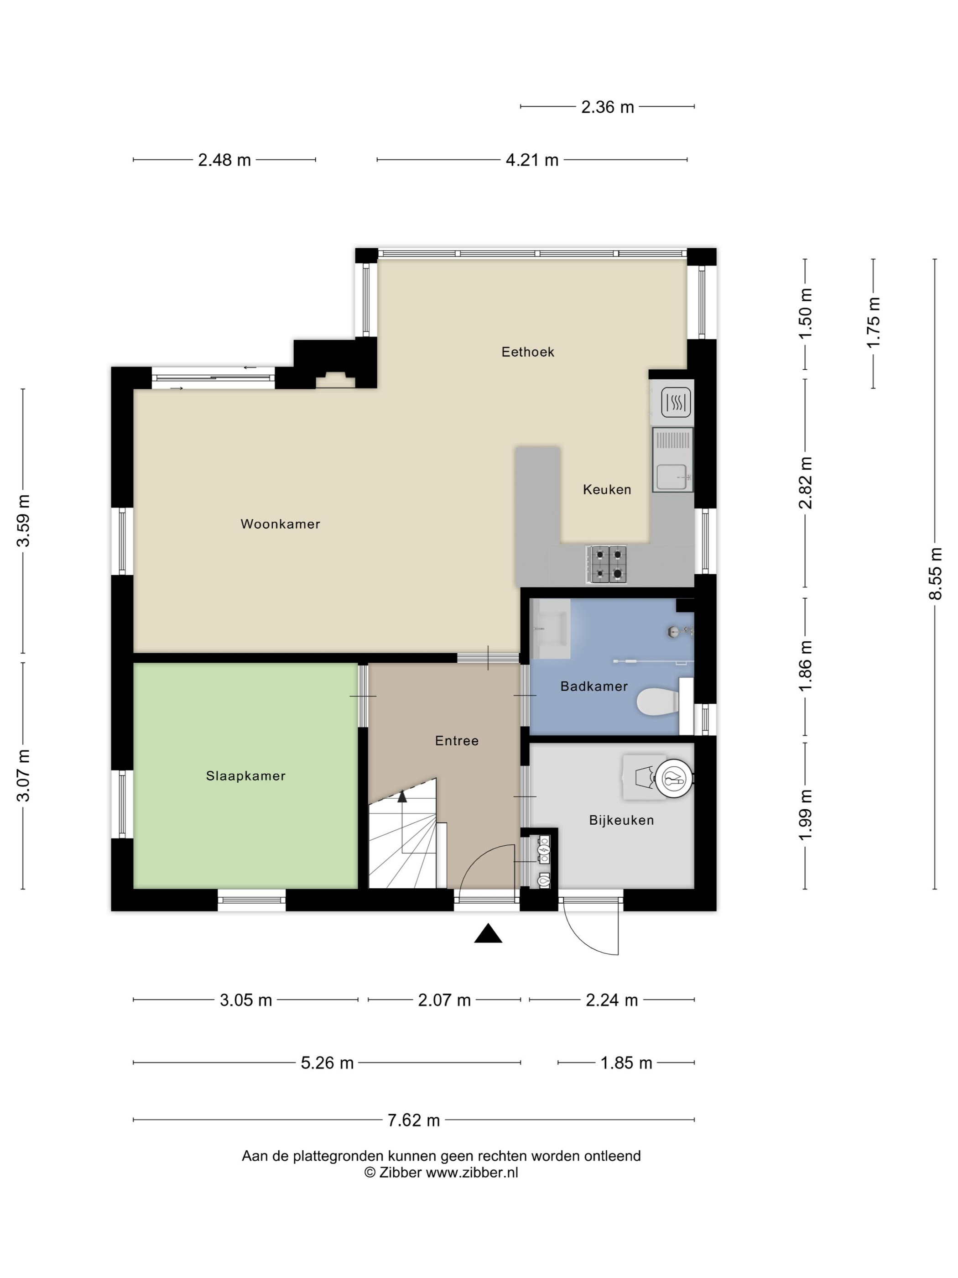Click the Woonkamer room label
280,524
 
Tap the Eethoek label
527,352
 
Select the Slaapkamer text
245,776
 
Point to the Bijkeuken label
621,820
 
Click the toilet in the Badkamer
658,703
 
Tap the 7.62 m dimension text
413,1120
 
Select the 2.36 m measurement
608,107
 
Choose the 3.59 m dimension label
23,521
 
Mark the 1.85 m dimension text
626,1063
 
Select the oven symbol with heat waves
676,402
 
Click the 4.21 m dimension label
532,160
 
